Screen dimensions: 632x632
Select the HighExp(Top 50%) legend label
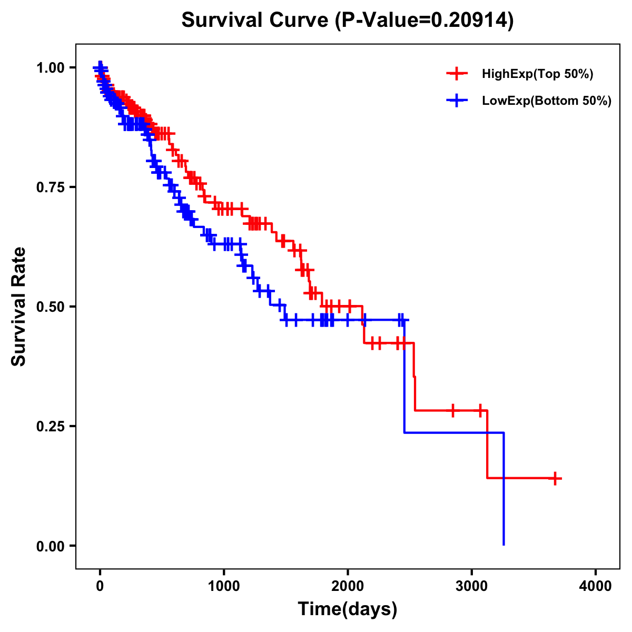click(x=537, y=74)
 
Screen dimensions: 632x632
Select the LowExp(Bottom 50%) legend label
click(x=547, y=101)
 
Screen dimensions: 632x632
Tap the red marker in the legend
click(x=457, y=74)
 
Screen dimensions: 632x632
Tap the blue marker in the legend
click(x=457, y=101)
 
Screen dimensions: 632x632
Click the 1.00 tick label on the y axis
click(x=51, y=67)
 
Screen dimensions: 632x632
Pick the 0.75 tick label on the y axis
click(x=51, y=187)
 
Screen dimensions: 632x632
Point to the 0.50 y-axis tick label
click(x=51, y=307)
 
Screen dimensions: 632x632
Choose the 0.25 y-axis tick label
click(x=51, y=426)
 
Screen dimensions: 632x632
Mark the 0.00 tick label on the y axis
click(x=51, y=546)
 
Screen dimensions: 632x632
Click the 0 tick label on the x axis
click(x=100, y=586)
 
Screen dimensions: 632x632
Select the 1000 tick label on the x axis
click(x=224, y=586)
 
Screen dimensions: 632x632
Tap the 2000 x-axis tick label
click(x=348, y=586)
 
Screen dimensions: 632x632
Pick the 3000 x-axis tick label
click(x=472, y=586)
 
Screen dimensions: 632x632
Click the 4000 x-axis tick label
click(x=596, y=586)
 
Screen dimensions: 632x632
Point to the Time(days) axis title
click(x=348, y=609)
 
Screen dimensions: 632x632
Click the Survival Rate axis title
click(x=19, y=307)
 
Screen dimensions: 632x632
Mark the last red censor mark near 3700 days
click(x=555, y=478)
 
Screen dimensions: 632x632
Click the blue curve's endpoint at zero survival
click(x=504, y=545)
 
